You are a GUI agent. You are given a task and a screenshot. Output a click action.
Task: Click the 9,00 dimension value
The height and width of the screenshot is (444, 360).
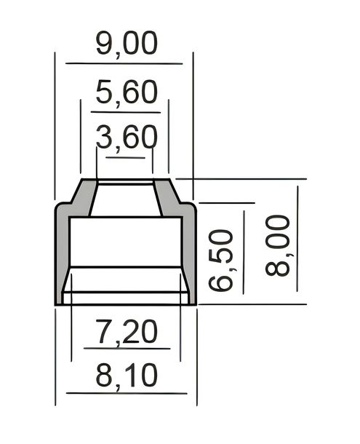click(127, 44)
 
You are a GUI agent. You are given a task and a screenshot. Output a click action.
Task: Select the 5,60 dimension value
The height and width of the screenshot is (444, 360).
click(127, 92)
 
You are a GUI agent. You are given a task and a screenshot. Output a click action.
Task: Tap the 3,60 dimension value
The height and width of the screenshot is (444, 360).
click(127, 138)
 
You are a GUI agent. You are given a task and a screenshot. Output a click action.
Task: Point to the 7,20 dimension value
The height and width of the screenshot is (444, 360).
click(127, 331)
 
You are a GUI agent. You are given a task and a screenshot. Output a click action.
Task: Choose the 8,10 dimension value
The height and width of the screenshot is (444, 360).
click(127, 376)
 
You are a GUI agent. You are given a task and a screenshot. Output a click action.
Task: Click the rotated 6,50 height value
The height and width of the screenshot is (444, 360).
click(221, 260)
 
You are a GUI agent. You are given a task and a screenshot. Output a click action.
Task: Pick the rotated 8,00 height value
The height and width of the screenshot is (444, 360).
click(278, 245)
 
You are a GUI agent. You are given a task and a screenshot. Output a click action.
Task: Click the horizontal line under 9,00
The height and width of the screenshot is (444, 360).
click(124, 63)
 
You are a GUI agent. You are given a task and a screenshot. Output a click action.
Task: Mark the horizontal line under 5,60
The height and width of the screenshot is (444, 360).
click(126, 112)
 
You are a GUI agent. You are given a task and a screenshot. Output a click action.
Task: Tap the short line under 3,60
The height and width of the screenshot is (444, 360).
click(125, 157)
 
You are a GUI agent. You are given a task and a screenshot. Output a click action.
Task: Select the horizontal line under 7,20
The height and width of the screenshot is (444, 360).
click(127, 349)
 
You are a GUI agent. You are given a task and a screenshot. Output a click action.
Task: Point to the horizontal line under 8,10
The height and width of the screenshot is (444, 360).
click(127, 393)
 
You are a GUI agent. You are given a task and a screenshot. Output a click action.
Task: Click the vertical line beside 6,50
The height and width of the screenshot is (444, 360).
click(244, 253)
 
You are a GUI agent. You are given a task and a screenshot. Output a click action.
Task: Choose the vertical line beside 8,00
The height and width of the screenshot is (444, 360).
click(297, 239)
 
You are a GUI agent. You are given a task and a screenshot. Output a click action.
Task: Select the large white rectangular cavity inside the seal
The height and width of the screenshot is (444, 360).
click(126, 242)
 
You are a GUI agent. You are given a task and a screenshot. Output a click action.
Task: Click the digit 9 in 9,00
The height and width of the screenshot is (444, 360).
click(105, 43)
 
